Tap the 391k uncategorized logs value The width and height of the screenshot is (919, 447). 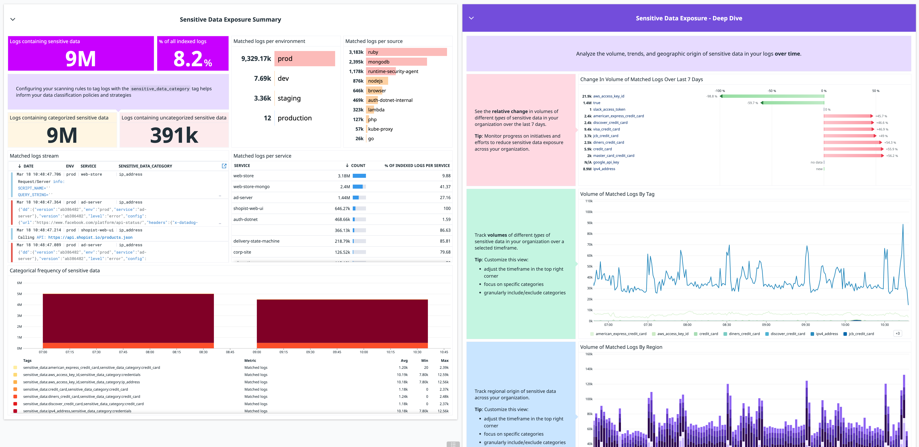coord(174,136)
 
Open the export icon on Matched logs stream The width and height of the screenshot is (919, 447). coord(224,166)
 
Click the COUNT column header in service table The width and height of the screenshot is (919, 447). coord(358,166)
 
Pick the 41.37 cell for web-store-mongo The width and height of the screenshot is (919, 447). coord(445,187)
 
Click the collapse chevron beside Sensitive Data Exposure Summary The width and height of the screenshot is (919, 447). coord(13,19)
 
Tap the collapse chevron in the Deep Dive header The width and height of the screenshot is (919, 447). coord(471,18)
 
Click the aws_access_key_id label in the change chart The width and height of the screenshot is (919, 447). coord(609,96)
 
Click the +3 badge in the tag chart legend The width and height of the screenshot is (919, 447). coord(898,334)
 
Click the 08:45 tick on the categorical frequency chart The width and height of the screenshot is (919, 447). coord(230,352)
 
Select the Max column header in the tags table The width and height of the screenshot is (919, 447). coord(444,361)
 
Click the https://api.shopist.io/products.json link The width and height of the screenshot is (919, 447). coord(90,238)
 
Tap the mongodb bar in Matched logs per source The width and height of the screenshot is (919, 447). coord(396,62)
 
